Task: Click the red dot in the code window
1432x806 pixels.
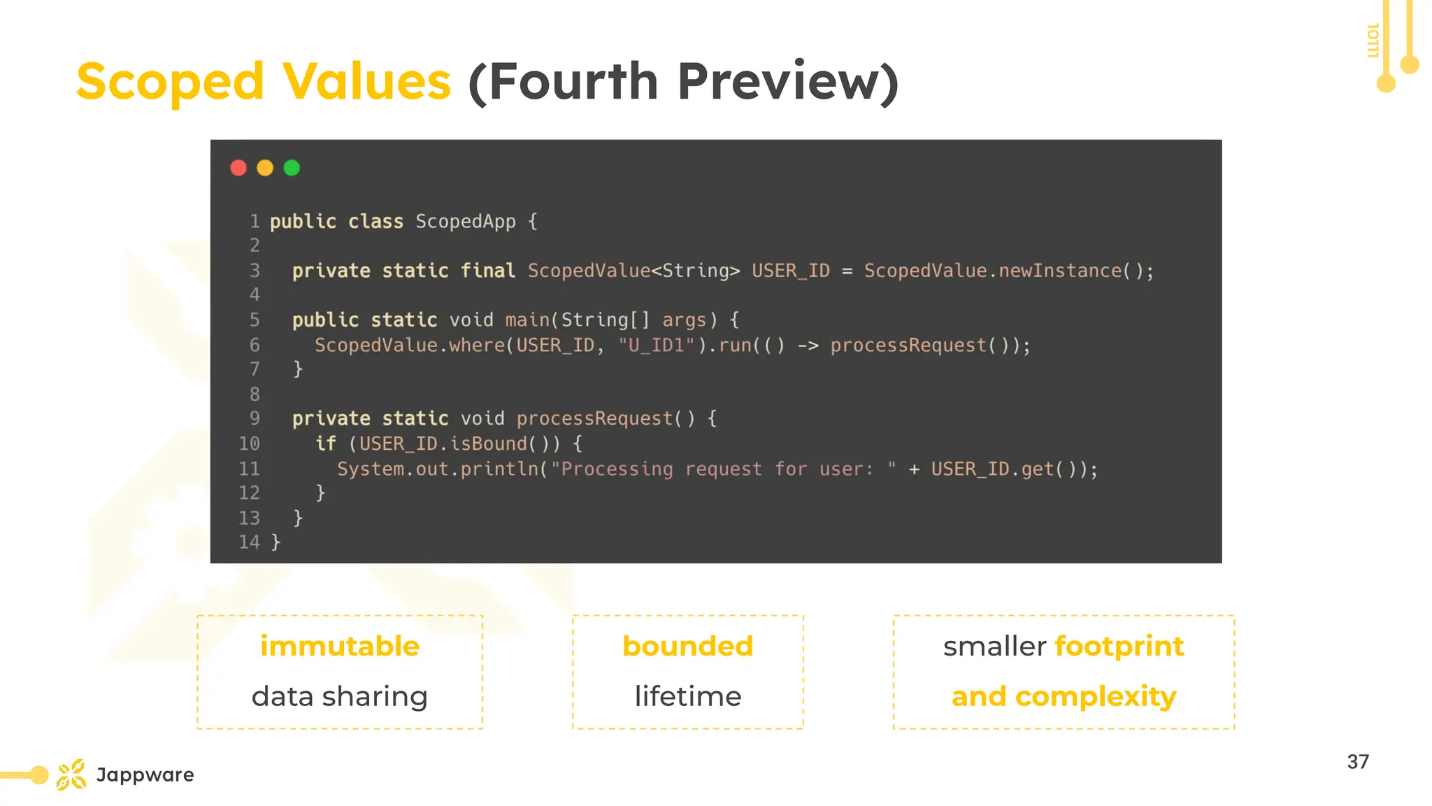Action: [238, 168]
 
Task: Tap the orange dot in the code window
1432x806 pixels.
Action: [265, 168]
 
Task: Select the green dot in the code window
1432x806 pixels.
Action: [292, 168]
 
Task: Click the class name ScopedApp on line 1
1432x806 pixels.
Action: [465, 222]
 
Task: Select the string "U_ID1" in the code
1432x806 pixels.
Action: [656, 346]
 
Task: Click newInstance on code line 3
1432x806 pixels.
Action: [1059, 271]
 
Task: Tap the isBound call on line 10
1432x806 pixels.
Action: [488, 444]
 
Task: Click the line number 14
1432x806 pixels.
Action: [249, 542]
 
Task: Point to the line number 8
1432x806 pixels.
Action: [255, 395]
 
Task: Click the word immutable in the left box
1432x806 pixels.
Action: [340, 646]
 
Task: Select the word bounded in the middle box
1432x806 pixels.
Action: [688, 646]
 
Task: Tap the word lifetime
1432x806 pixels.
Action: [688, 696]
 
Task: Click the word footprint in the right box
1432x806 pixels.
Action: [1119, 646]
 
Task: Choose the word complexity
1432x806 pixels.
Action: [1095, 697]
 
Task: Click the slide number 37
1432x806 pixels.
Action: [1358, 762]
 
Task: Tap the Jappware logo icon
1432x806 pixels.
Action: [71, 775]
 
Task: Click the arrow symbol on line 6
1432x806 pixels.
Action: [808, 346]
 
